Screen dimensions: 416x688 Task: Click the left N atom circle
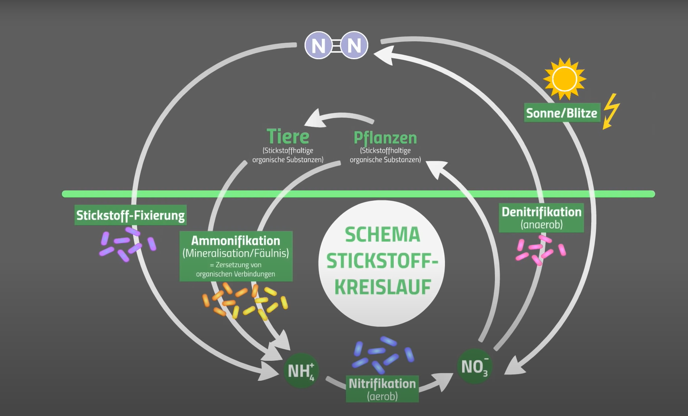pyautogui.click(x=318, y=45)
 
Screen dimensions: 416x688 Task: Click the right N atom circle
pyautogui.click(x=354, y=45)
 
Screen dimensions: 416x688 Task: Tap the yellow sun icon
pyautogui.click(x=564, y=79)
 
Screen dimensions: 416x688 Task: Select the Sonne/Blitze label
pyautogui.click(x=562, y=113)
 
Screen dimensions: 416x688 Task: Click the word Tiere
pyautogui.click(x=288, y=136)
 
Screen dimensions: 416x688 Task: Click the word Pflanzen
pyautogui.click(x=385, y=138)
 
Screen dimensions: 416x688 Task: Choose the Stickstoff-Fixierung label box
pyautogui.click(x=130, y=215)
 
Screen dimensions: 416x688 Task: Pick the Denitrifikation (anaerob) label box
pyautogui.click(x=541, y=218)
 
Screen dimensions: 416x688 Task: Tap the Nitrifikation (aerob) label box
pyautogui.click(x=382, y=389)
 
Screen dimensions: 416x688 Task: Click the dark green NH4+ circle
pyautogui.click(x=301, y=370)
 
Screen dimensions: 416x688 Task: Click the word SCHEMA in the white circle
pyautogui.click(x=383, y=234)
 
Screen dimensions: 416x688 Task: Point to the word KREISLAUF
pyautogui.click(x=383, y=287)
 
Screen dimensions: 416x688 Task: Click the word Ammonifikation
pyautogui.click(x=235, y=240)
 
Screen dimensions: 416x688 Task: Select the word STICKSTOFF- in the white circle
pyautogui.click(x=382, y=261)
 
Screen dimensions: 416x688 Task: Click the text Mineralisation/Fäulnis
pyautogui.click(x=235, y=253)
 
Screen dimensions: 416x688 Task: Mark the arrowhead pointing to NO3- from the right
pyautogui.click(x=514, y=367)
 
